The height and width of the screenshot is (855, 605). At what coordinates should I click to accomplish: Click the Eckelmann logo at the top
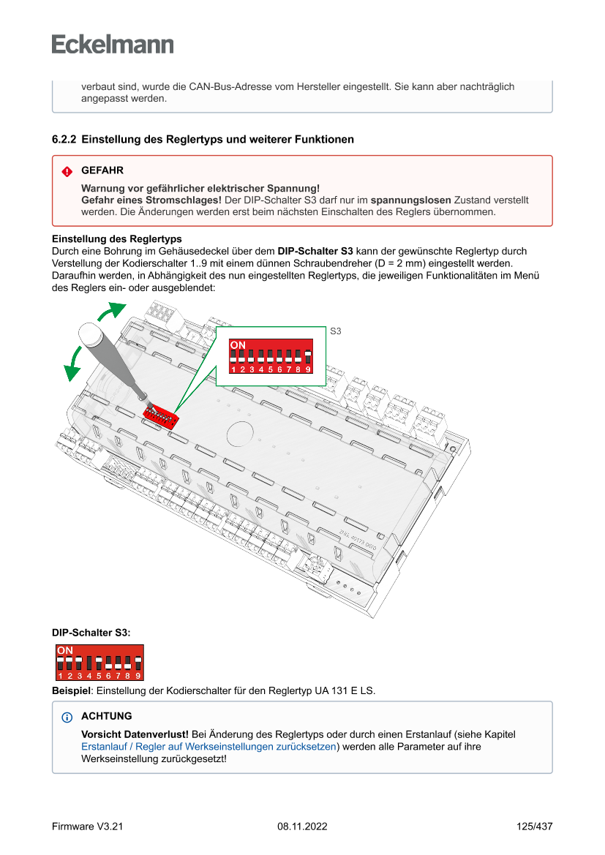click(x=113, y=44)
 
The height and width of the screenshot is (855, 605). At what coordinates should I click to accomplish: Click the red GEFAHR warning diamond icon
click(x=67, y=171)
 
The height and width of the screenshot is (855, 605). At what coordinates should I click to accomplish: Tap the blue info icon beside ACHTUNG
click(x=67, y=717)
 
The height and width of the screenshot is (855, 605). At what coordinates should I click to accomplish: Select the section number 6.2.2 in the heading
click(x=64, y=139)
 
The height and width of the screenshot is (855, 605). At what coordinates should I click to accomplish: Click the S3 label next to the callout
click(x=336, y=331)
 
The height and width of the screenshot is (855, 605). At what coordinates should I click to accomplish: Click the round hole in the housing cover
click(x=238, y=433)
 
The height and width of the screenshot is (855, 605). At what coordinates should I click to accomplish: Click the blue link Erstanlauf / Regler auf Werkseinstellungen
click(x=208, y=747)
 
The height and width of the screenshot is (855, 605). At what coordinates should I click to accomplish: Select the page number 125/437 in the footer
click(x=534, y=826)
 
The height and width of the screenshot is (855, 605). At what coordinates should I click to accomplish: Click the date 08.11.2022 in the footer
click(x=302, y=826)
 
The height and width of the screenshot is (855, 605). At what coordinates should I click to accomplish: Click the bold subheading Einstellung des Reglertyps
click(x=117, y=239)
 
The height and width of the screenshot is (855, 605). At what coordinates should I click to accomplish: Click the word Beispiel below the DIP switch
click(x=71, y=690)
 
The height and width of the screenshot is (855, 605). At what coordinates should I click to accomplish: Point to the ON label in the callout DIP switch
click(x=238, y=344)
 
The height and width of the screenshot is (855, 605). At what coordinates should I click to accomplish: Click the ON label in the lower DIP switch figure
click(x=65, y=650)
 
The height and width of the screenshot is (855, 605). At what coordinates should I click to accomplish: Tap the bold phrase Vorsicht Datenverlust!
click(x=135, y=734)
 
